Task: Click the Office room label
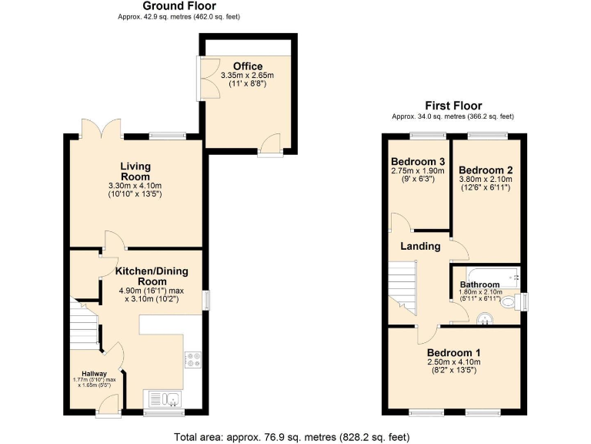tap(247, 66)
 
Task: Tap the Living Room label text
tap(135, 171)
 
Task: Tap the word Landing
tap(419, 247)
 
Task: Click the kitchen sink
tap(164, 399)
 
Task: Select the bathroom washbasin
tap(484, 318)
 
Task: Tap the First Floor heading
tap(453, 106)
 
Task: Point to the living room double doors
tap(100, 126)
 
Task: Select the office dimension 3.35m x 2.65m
tap(247, 76)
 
